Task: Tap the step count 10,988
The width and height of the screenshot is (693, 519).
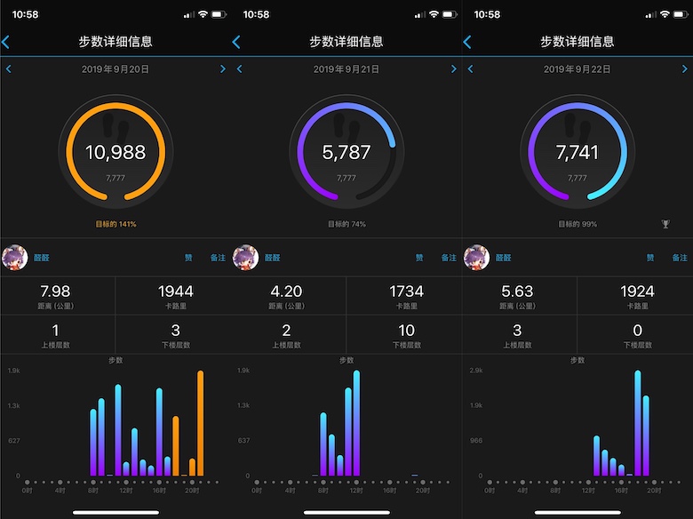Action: tap(115, 153)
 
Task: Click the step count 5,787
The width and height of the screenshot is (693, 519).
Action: tap(346, 153)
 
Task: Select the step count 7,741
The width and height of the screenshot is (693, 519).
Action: tap(577, 153)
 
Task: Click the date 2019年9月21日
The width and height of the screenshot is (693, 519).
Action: tap(346, 68)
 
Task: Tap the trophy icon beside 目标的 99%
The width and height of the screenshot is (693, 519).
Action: tap(665, 224)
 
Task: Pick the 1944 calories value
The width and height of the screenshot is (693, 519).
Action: tap(175, 291)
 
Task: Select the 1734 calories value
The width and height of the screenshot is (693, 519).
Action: tap(406, 291)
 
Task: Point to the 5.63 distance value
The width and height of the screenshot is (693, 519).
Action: tap(517, 291)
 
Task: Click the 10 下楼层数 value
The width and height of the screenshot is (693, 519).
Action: tap(406, 330)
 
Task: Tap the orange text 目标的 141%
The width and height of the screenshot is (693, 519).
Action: tap(115, 224)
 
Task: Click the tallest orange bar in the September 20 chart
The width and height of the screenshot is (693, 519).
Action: tap(200, 423)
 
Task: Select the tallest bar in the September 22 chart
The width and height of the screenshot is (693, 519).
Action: tap(638, 423)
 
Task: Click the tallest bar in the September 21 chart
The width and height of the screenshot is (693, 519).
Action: tap(356, 423)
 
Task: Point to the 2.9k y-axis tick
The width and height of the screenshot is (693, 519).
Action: tap(476, 369)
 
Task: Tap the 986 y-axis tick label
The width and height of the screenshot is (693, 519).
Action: tap(476, 440)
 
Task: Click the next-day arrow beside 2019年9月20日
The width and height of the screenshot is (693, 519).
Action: tap(223, 68)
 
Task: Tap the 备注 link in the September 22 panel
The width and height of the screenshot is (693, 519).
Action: tap(679, 258)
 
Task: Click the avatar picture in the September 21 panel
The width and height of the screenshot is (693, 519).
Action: tap(246, 258)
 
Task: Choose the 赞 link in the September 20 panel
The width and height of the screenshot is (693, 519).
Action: tap(188, 258)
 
